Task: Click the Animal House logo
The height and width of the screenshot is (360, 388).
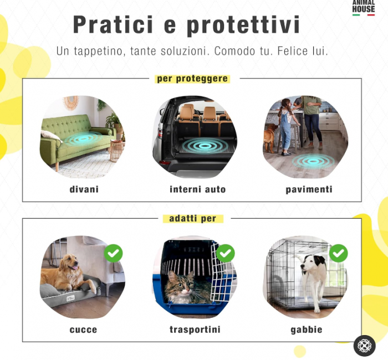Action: (x=364, y=8)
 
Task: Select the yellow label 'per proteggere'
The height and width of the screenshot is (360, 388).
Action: (x=192, y=79)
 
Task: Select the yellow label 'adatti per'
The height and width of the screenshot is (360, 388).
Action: (x=193, y=219)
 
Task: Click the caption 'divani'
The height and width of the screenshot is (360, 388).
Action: (x=84, y=189)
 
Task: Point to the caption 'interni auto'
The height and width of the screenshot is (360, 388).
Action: (x=197, y=189)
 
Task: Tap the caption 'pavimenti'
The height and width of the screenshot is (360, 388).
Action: (x=309, y=189)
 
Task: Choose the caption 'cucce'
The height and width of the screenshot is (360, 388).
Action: (x=83, y=330)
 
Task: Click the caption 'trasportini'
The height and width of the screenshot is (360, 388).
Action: (x=195, y=330)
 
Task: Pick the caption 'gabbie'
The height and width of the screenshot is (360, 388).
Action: (x=307, y=330)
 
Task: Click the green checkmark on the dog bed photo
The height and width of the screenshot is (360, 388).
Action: (x=113, y=254)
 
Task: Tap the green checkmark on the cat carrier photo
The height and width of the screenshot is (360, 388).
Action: (x=225, y=254)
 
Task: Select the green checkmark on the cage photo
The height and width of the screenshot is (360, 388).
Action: (x=338, y=254)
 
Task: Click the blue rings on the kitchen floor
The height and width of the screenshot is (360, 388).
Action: (x=313, y=161)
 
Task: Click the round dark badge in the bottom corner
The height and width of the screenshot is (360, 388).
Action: (x=364, y=346)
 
